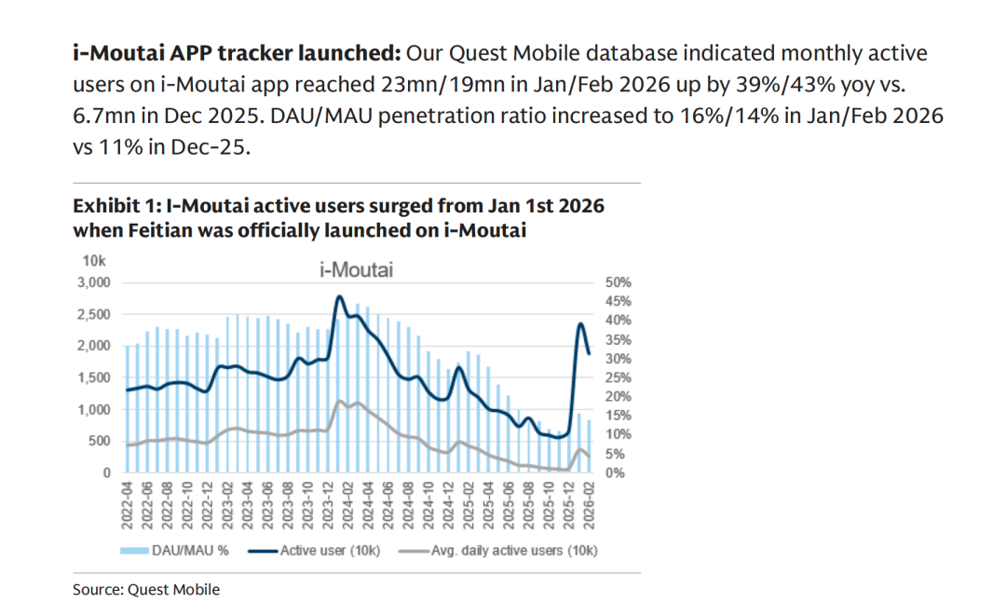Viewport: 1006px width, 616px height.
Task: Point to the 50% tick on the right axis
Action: pyautogui.click(x=618, y=281)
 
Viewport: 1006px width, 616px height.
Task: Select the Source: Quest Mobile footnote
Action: pyautogui.click(x=146, y=589)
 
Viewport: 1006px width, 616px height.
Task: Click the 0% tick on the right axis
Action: pyautogui.click(x=614, y=473)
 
